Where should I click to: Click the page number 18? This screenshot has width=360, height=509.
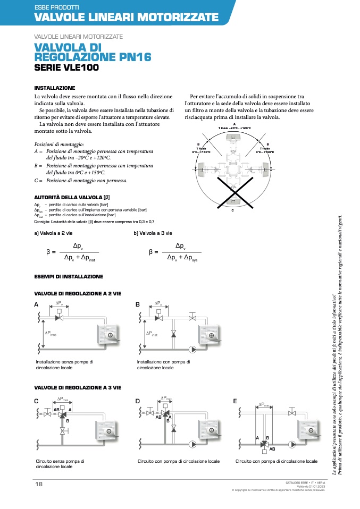click(39, 483)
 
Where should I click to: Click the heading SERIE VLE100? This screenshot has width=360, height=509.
click(66, 67)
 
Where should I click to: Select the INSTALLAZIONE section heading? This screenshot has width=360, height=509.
click(55, 88)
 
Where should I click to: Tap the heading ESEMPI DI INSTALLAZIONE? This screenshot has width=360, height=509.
click(69, 276)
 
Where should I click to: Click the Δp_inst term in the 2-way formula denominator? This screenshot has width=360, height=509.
click(88, 258)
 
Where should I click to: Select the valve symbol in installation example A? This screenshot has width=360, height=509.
click(60, 318)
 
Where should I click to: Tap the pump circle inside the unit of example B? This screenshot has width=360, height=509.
click(212, 336)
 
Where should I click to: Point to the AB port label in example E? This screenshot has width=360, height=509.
click(272, 449)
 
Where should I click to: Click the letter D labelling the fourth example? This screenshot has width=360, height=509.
click(138, 401)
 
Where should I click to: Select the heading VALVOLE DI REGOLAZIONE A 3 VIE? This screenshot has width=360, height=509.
click(78, 387)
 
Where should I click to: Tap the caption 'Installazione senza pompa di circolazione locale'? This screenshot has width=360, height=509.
click(64, 364)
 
